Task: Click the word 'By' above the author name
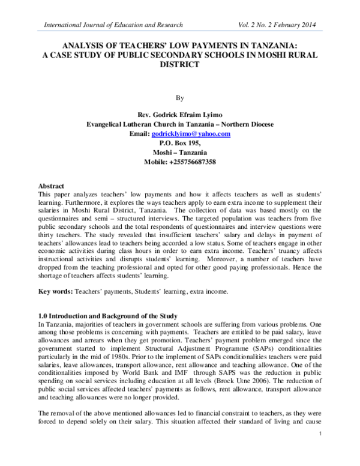pyautogui.click(x=180, y=96)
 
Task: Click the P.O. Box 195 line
pyautogui.click(x=180, y=144)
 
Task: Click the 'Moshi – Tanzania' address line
pyautogui.click(x=180, y=153)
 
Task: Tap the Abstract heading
pyautogui.click(x=51, y=187)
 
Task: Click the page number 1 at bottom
pyautogui.click(x=322, y=451)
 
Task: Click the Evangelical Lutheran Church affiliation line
pyautogui.click(x=180, y=124)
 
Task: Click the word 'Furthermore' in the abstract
pyautogui.click(x=58, y=204)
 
